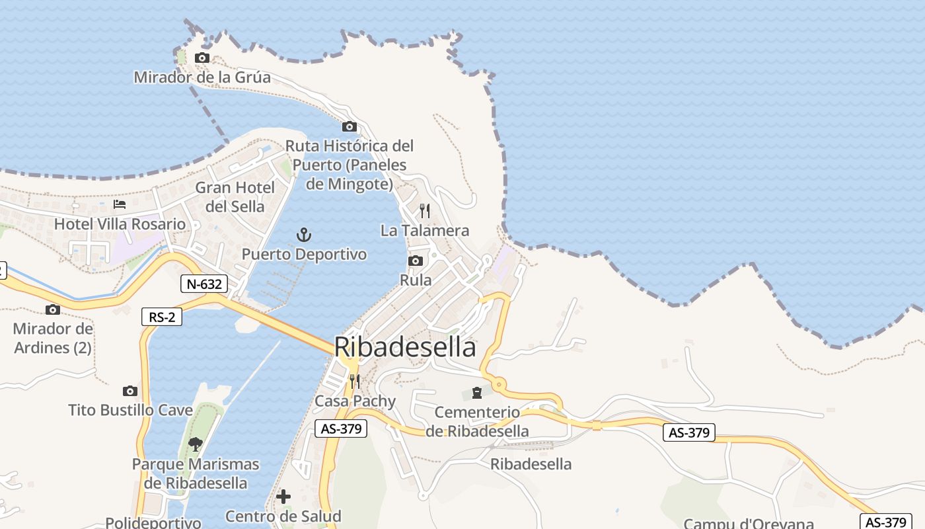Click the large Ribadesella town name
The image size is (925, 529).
[404, 347]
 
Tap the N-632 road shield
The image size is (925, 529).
[204, 284]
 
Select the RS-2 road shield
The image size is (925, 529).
[162, 317]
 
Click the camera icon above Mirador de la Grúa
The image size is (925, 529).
[202, 58]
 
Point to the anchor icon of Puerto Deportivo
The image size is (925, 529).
[303, 235]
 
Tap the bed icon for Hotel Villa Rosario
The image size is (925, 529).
[119, 204]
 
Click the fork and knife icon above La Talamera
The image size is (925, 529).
[425, 211]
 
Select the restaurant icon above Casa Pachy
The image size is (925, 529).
[355, 382]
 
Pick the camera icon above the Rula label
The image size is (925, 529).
[416, 261]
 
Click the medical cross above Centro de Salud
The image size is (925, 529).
[283, 497]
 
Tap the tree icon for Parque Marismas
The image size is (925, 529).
[195, 444]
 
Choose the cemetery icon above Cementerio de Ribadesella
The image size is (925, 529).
[477, 393]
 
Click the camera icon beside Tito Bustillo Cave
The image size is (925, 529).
[130, 391]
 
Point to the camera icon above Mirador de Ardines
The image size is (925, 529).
[53, 309]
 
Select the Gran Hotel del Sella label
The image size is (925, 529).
[235, 197]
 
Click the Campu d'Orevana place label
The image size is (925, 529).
[748, 524]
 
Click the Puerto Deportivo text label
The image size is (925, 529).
[304, 255]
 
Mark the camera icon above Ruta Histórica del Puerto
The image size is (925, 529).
[349, 126]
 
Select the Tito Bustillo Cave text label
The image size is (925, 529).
[131, 410]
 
